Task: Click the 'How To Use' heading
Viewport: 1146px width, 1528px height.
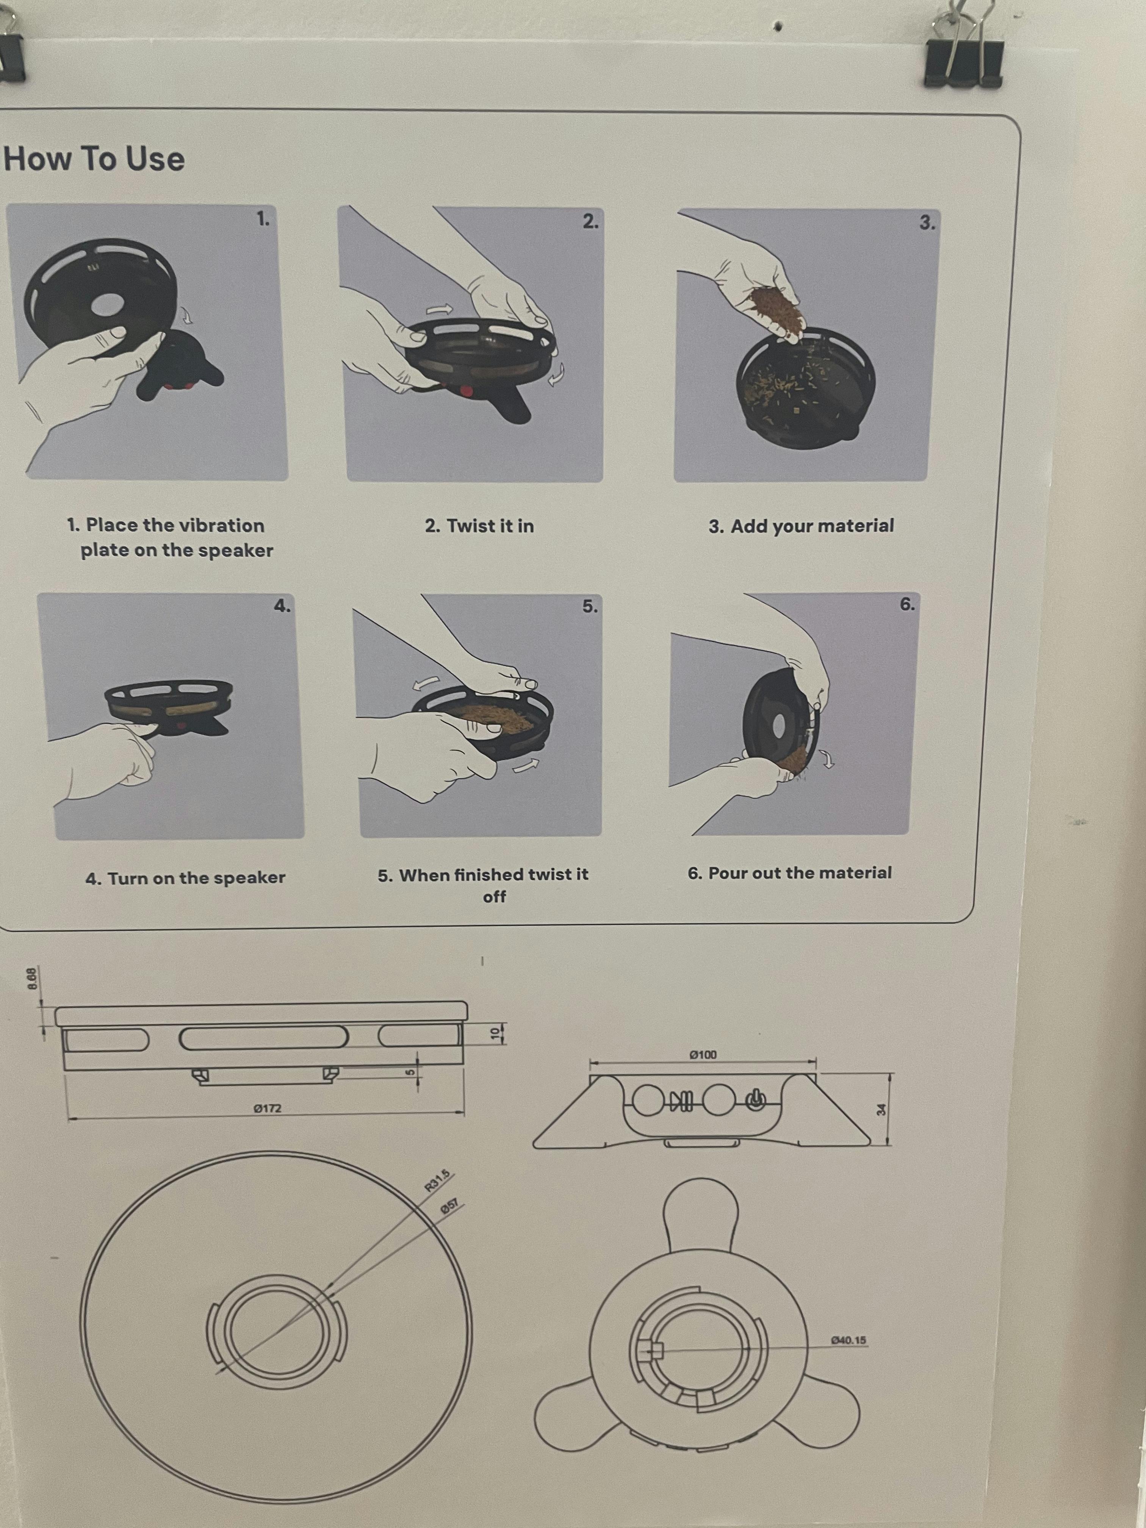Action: tap(95, 159)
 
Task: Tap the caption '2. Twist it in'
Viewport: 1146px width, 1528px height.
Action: tap(479, 526)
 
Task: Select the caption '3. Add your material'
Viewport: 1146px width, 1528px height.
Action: tap(801, 526)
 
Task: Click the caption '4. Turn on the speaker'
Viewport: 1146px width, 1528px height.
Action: tap(185, 878)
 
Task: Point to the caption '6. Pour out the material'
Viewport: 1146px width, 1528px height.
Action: tap(789, 873)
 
